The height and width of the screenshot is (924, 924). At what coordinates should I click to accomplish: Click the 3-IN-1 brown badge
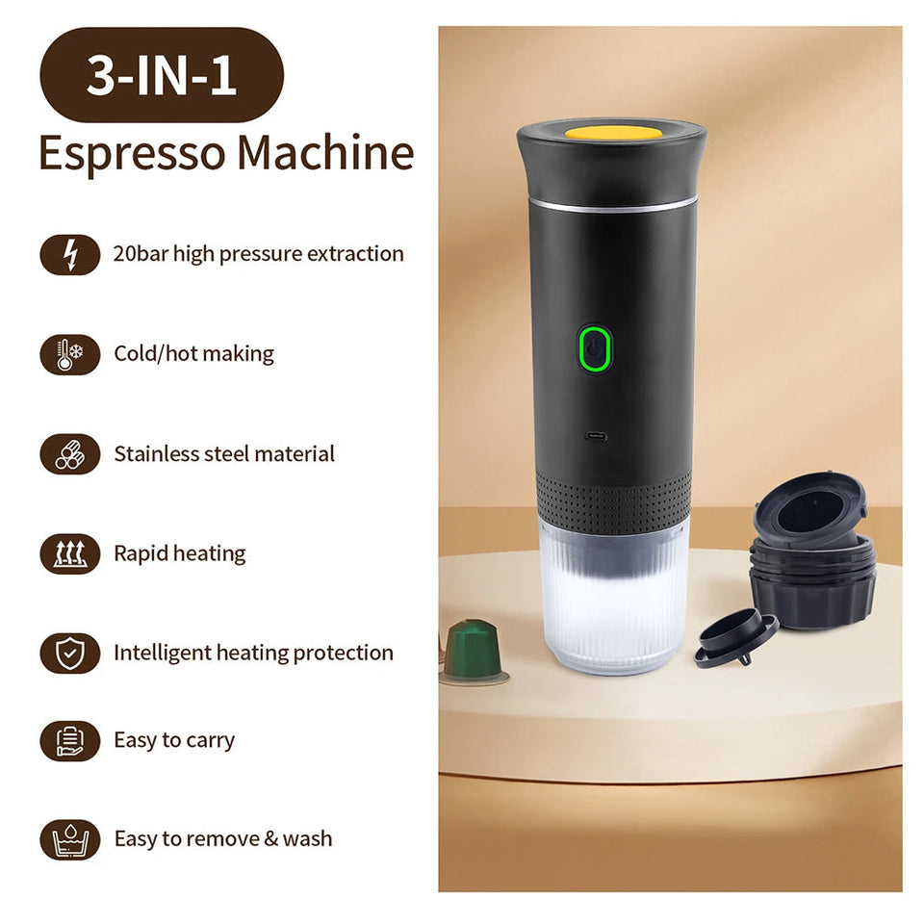161,75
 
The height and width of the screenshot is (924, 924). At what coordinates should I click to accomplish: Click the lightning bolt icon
69,255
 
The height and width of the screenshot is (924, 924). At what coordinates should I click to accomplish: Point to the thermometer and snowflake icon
69,354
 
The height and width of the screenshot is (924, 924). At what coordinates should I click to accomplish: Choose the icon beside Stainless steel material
69,454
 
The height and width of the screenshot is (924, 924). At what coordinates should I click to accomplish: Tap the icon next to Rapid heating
69,554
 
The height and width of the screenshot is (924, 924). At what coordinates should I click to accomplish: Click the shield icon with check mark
69,654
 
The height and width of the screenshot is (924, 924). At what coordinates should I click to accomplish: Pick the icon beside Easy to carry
69,741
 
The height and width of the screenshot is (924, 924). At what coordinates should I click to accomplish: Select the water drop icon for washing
69,839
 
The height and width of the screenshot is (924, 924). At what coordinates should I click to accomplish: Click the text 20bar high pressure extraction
258,255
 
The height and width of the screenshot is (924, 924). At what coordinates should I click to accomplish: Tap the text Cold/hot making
193,354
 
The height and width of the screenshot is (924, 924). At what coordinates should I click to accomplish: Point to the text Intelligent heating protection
253,654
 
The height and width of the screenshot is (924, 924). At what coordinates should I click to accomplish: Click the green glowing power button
596,348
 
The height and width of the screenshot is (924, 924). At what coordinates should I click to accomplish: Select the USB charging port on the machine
597,436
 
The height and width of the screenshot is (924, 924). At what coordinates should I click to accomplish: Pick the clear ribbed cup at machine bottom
613,602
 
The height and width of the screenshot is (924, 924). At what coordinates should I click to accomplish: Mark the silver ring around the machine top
612,204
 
